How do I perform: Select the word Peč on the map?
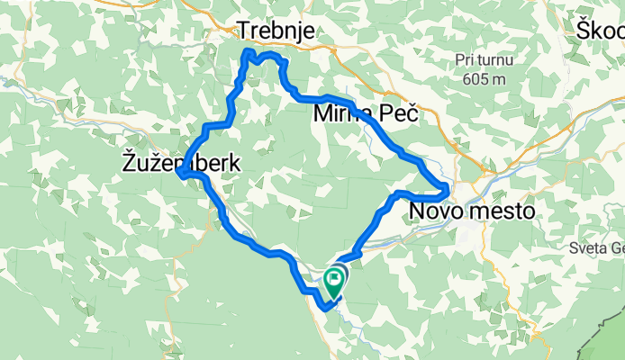coord(400,115)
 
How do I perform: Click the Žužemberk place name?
coord(180,163)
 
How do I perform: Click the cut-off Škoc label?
coord(600,31)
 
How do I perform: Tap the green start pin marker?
coord(334,281)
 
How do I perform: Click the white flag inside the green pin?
coord(334,277)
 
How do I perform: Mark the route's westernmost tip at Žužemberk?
coord(181,175)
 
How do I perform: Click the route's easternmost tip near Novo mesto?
coord(447,186)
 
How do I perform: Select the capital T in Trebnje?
coord(243,31)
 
